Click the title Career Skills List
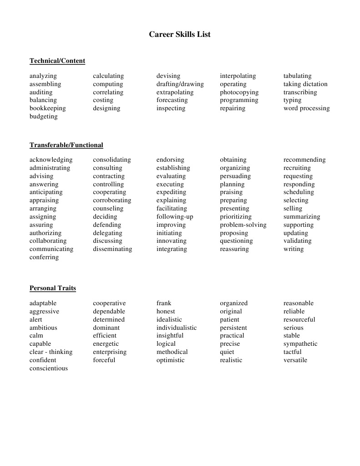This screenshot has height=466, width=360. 180,34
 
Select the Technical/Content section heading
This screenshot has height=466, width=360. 57,61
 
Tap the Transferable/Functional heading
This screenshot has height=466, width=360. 66,145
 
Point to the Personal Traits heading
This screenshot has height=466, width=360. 53,288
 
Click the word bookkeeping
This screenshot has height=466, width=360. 48,108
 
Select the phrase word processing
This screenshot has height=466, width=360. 306,108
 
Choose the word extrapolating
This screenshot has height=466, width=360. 175,92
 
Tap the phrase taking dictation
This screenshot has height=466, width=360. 305,84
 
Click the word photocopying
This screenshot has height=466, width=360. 239,92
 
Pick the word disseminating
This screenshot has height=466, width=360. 112,249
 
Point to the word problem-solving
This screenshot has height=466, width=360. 243,225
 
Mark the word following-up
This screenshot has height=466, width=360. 175,217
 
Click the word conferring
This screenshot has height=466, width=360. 44,257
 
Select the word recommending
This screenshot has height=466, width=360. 304,160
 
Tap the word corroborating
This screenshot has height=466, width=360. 112,200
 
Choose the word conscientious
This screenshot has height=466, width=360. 49,369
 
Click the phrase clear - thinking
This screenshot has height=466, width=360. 51,352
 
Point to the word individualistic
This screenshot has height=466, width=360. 177,328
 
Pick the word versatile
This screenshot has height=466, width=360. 295,360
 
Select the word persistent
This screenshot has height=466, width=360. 233,328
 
